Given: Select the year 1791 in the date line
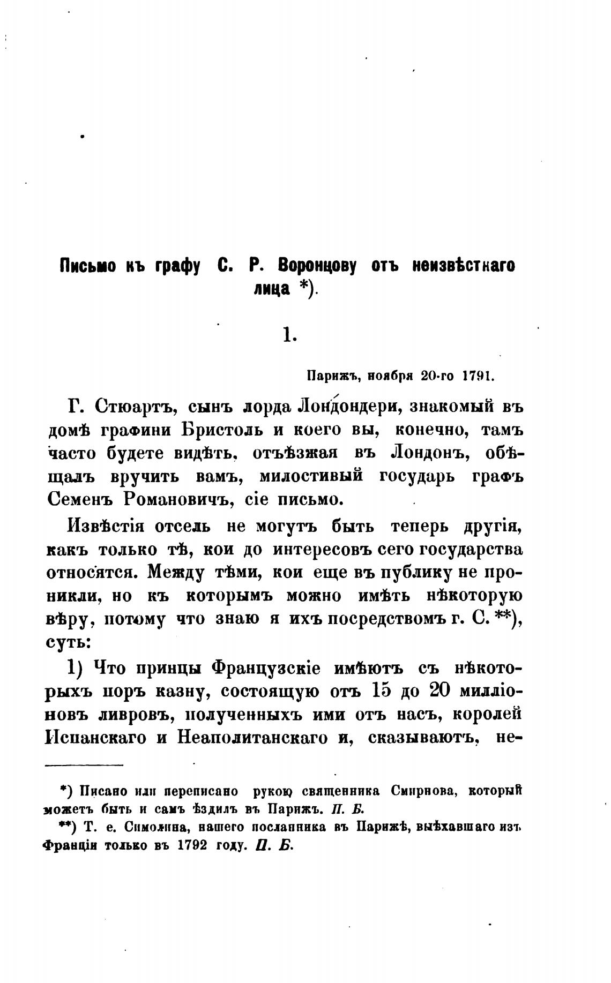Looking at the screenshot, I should point(476,376).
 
